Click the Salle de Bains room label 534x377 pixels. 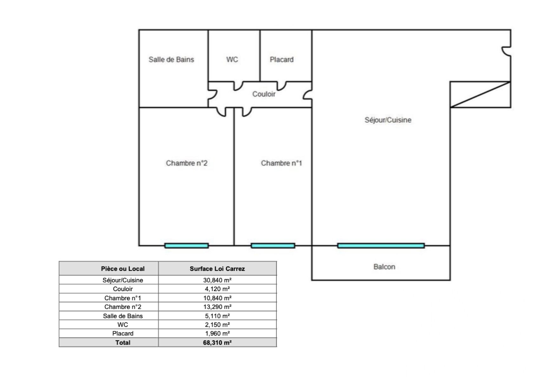pos(171,59)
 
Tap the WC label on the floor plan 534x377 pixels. pos(232,59)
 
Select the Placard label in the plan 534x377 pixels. pos(282,59)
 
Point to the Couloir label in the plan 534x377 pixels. pos(264,94)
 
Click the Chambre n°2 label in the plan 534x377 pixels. pos(187,163)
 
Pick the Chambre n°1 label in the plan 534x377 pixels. pos(281,163)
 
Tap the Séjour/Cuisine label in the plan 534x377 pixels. pos(388,120)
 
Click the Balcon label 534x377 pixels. pos(384,267)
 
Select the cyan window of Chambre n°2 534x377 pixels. pos(186,246)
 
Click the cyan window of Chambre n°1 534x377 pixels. pos(273,246)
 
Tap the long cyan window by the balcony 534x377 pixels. pos(381,246)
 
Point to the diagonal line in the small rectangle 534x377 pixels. pos(480,94)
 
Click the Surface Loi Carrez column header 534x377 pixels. pos(217,269)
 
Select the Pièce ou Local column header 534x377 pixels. pos(122,269)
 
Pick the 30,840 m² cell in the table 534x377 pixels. pos(217,280)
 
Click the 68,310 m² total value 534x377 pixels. pos(217,342)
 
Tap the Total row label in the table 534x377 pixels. pos(123,342)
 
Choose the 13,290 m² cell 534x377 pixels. pos(217,307)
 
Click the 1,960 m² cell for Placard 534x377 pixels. pos(218,333)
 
